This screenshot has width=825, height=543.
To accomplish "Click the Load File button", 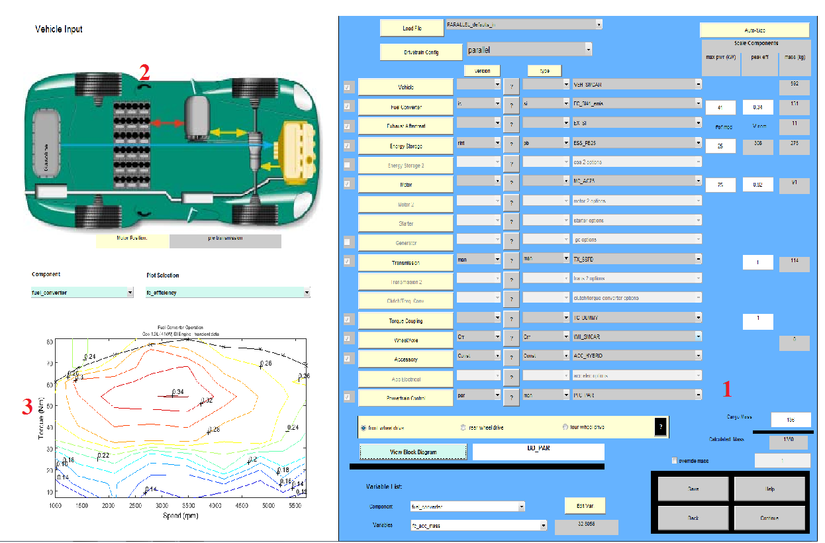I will [412, 28].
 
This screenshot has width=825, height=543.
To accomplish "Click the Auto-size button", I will [754, 30].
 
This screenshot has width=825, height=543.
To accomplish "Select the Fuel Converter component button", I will [405, 107].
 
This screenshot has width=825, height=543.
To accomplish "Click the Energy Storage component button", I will [405, 146].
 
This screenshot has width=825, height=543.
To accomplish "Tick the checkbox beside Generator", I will [348, 242].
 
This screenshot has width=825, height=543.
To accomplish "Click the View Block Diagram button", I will [413, 452].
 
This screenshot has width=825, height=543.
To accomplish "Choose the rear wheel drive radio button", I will [463, 428].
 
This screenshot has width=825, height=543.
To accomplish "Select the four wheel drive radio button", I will [565, 427].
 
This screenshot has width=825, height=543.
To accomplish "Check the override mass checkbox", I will [675, 460].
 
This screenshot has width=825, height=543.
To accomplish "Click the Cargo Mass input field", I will [791, 419].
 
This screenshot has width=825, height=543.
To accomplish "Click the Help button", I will [769, 489].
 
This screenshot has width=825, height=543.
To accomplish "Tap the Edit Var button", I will [585, 506].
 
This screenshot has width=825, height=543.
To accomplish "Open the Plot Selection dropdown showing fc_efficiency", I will [228, 293].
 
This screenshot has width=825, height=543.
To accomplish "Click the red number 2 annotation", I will [144, 72].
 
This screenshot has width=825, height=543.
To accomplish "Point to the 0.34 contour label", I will [177, 392].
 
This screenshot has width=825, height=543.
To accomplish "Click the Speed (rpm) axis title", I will [180, 515].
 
